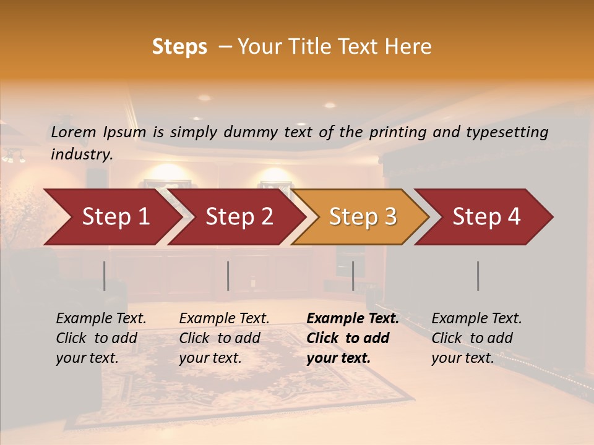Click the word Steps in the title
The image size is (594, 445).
tap(179, 47)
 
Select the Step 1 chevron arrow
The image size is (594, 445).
tap(116, 217)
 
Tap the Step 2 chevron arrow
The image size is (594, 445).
tap(239, 217)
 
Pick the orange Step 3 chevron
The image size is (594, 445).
tap(363, 217)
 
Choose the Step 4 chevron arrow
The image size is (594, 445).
tap(486, 217)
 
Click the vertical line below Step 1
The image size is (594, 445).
tap(105, 276)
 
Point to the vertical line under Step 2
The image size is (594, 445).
tap(228, 276)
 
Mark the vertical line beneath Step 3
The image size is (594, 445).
tap(353, 276)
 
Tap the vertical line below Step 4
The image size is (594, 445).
tap(478, 276)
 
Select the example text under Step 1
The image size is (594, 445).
tap(101, 338)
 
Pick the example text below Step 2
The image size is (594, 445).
tap(224, 338)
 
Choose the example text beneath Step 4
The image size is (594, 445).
tap(476, 338)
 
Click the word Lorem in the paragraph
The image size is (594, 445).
tap(74, 132)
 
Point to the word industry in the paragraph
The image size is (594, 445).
tap(81, 155)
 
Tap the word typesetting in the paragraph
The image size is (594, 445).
tap(506, 132)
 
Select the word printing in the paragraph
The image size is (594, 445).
tap(396, 132)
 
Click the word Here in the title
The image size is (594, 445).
tap(408, 47)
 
